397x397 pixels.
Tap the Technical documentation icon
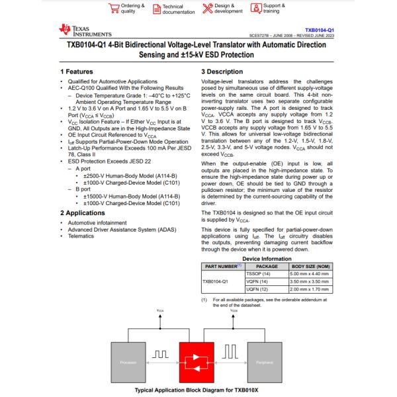pyautogui.click(x=156, y=8)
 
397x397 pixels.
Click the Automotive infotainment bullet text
pyautogui.click(x=97, y=223)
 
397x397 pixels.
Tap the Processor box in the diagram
pyautogui.click(x=128, y=363)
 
